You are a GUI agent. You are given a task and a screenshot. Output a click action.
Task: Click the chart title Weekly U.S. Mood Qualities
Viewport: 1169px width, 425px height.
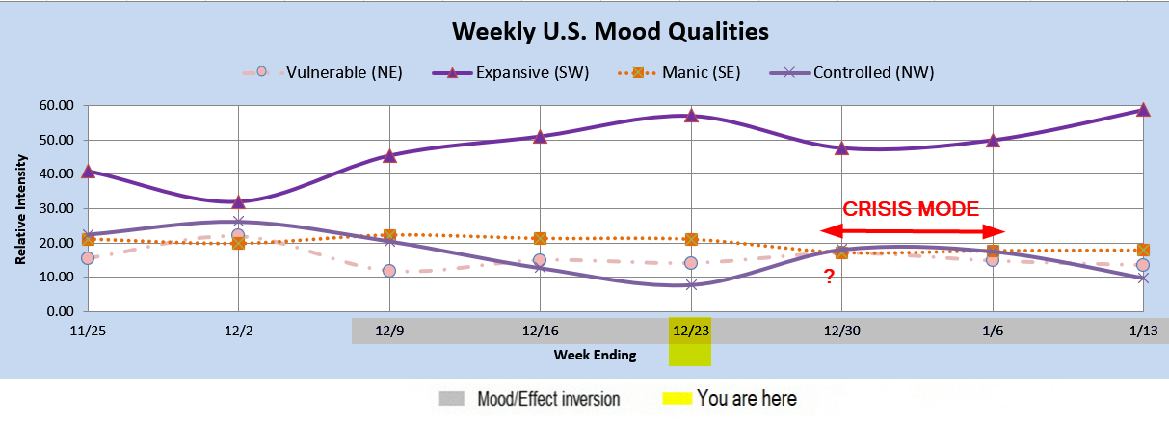[610, 32]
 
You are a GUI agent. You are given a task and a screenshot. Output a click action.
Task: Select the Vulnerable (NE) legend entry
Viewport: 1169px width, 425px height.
[322, 72]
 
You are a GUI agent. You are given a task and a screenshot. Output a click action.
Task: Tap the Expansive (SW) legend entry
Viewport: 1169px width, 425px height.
[511, 72]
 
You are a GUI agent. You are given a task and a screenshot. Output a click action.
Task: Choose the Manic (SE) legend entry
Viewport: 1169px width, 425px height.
[679, 72]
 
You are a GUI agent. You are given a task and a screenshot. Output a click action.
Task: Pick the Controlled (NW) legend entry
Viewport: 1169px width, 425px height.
[852, 72]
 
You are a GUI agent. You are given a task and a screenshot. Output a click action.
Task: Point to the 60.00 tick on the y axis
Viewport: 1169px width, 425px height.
[56, 105]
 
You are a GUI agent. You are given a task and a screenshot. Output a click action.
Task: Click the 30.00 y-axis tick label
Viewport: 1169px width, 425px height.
[56, 208]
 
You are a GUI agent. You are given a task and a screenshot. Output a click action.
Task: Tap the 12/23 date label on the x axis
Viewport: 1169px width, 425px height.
[691, 331]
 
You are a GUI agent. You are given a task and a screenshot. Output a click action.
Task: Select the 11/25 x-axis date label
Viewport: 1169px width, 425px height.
[88, 331]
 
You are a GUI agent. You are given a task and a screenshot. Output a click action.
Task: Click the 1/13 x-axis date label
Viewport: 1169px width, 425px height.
[1143, 331]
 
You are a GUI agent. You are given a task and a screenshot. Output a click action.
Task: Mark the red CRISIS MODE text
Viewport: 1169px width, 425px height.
[911, 209]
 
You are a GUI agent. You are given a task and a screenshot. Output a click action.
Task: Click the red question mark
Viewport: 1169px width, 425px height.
[829, 277]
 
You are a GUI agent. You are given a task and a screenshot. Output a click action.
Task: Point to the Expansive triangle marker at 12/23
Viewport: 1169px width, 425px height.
[692, 116]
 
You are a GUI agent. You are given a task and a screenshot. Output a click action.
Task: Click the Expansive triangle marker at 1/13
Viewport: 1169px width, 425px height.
[1143, 110]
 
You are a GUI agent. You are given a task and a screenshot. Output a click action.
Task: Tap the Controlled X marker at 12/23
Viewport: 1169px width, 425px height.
[691, 285]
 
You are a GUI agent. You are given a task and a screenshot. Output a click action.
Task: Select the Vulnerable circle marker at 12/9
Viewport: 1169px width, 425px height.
[389, 271]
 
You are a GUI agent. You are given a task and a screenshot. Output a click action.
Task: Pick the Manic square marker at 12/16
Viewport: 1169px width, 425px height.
[540, 239]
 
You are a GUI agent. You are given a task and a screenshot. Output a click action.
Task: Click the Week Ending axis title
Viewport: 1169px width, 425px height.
[595, 355]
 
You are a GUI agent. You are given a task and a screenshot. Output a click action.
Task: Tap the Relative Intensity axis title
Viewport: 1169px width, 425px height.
[20, 209]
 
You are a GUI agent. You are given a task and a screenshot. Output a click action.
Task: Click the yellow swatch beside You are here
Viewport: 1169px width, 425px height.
[677, 398]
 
